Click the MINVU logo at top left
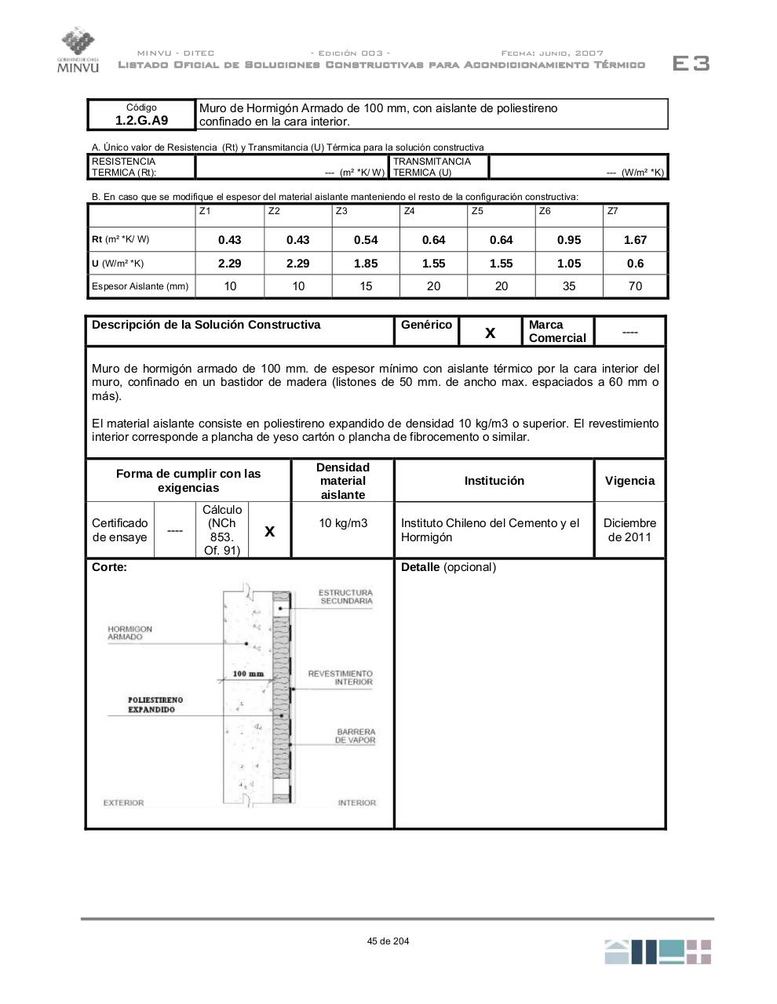pos(77,50)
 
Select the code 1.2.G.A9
pos(141,120)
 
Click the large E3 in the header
pos(691,64)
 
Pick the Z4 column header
pos(409,211)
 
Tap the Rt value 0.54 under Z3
pos(366,240)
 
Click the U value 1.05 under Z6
pos(569,264)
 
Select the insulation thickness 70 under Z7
pos(635,286)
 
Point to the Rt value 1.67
pos(635,240)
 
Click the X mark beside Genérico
pos(490,333)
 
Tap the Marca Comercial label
pos(557,331)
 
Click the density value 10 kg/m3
pos(343,523)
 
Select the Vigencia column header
pos(629,481)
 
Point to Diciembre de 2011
pos(629,530)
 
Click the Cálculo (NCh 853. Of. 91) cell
pos(222,530)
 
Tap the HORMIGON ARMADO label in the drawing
pos(129,633)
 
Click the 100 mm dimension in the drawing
pos(248,674)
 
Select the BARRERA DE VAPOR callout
pos(355,736)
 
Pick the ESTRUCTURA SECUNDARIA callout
pos(345,597)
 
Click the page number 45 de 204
pos(388,941)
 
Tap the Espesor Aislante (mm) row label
pos(140,286)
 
